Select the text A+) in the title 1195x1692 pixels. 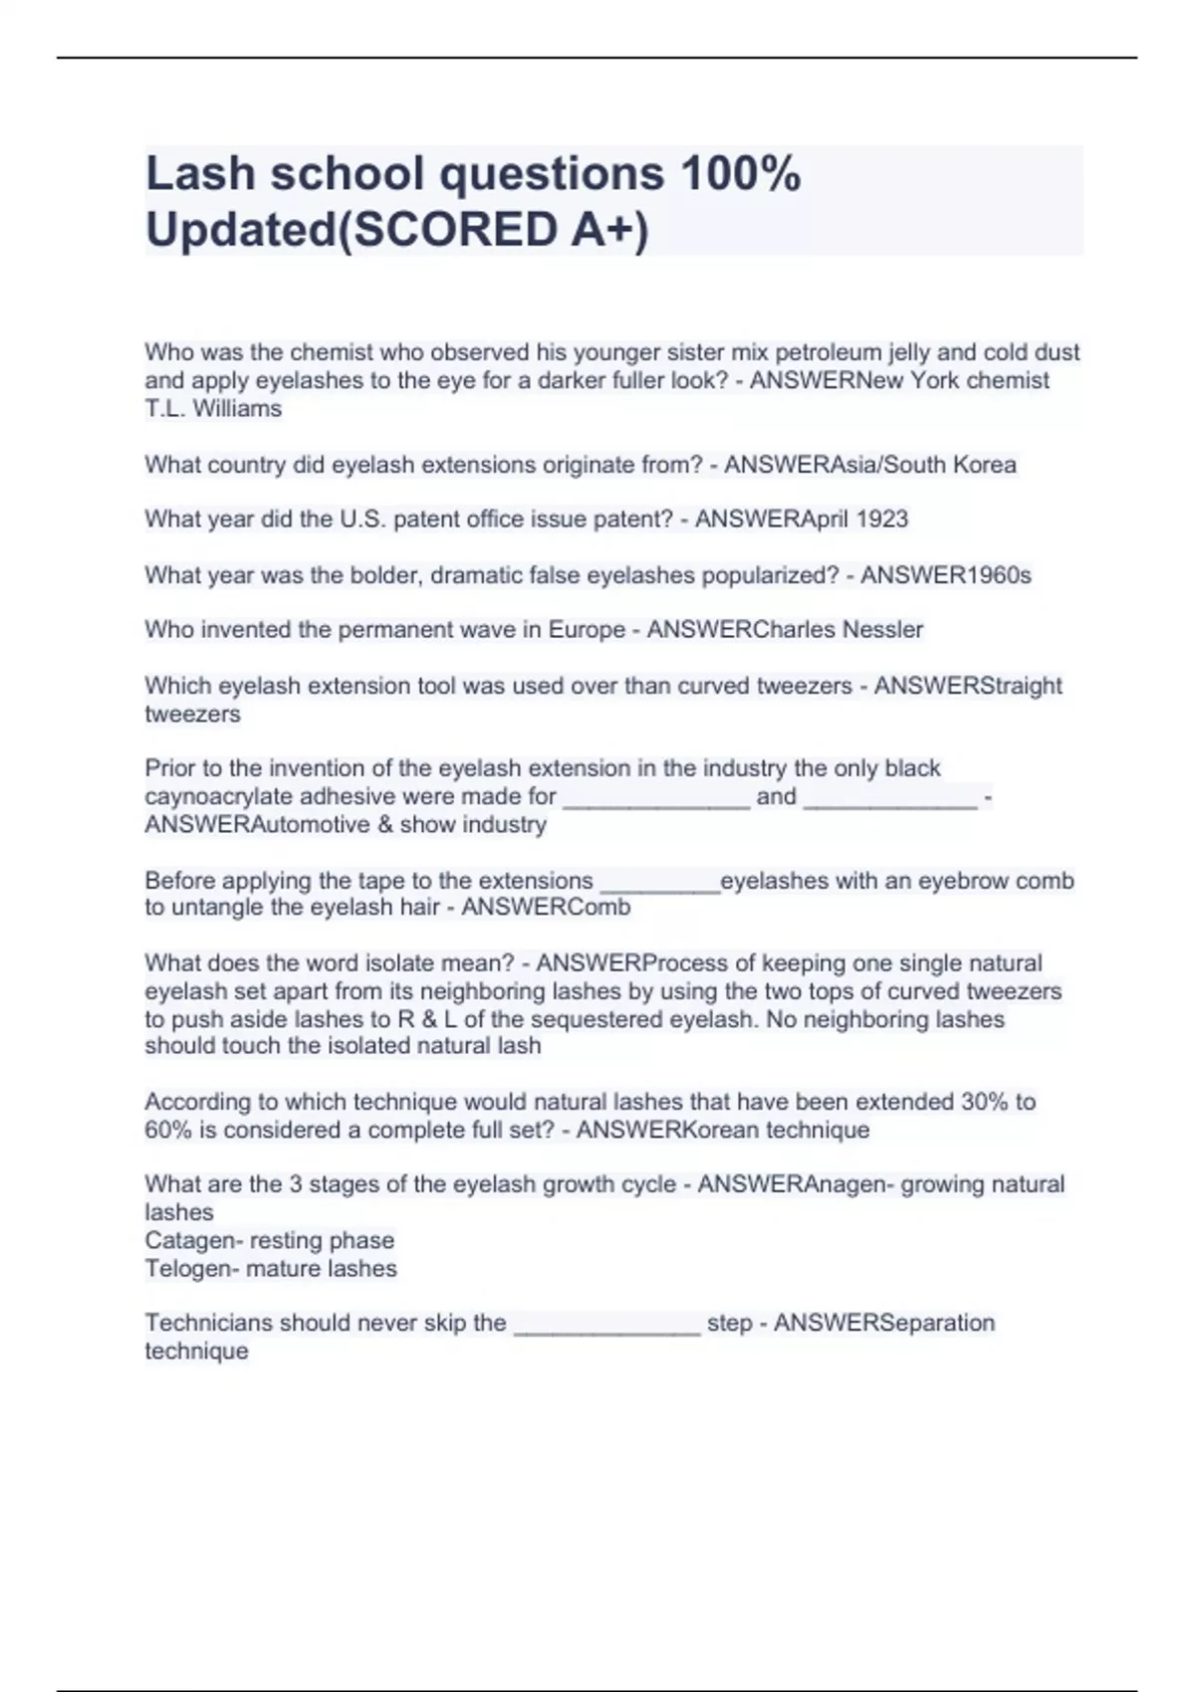(x=609, y=229)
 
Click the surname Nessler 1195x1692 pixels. (x=882, y=629)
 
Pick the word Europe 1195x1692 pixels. (x=586, y=629)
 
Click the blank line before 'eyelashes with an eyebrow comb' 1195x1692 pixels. (x=660, y=881)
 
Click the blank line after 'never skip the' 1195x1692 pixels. (x=606, y=1325)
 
